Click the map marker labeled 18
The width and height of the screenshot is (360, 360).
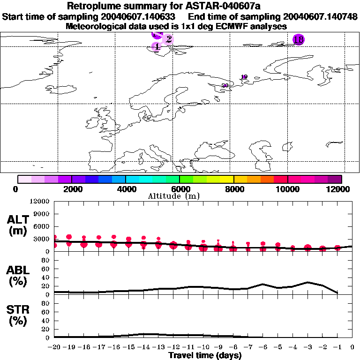(x=298, y=39)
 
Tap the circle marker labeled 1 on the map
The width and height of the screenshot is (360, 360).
(x=157, y=46)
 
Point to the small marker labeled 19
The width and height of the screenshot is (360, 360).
(x=244, y=77)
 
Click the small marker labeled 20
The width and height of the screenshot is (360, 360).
(x=225, y=85)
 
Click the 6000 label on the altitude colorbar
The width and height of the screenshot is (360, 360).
(x=180, y=189)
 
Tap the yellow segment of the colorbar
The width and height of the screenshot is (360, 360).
(x=227, y=179)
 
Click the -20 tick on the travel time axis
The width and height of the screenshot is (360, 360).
(x=54, y=347)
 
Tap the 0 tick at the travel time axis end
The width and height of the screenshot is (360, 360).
(x=352, y=347)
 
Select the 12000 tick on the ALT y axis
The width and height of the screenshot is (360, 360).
(x=40, y=202)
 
